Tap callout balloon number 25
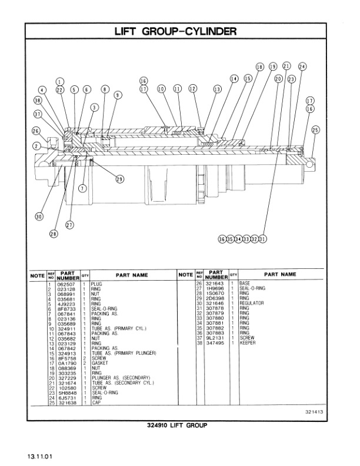coord(315,130)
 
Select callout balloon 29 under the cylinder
coord(119,179)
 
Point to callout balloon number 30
coord(39,217)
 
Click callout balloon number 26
coord(36,131)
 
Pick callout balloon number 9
coord(118,95)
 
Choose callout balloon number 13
coord(217,89)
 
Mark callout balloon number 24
coord(302,67)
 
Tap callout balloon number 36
coord(222,239)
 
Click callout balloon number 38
coord(38,101)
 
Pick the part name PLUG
coord(96,284)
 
